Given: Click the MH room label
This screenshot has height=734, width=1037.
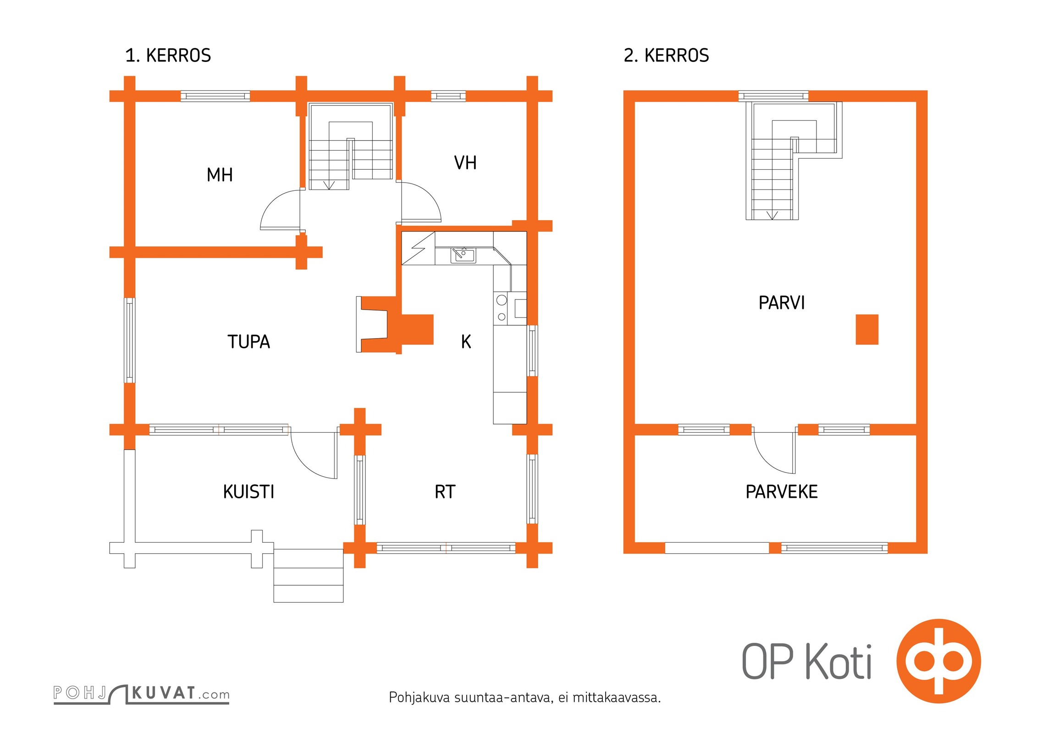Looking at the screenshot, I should pyautogui.click(x=220, y=175).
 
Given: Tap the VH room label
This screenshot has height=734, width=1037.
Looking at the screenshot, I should pyautogui.click(x=465, y=163).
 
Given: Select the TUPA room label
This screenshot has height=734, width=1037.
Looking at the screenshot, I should pyautogui.click(x=248, y=342).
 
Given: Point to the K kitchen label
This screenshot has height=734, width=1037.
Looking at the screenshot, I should pyautogui.click(x=466, y=342).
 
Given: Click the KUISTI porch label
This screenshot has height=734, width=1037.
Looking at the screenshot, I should pyautogui.click(x=248, y=492).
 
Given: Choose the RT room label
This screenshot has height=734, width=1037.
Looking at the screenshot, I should pyautogui.click(x=445, y=492).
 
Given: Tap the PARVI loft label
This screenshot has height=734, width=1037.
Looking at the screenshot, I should pyautogui.click(x=781, y=303).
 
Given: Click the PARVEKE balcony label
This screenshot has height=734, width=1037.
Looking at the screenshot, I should pyautogui.click(x=781, y=492).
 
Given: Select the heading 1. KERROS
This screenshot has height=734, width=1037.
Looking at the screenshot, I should pyautogui.click(x=168, y=56).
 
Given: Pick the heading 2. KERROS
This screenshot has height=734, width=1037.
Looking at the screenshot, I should pyautogui.click(x=666, y=56).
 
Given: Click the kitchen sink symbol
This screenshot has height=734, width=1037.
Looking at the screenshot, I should pyautogui.click(x=463, y=255).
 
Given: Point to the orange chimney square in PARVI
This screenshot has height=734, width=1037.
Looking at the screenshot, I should pyautogui.click(x=866, y=329).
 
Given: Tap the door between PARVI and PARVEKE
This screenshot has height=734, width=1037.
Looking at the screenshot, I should pyautogui.click(x=774, y=452).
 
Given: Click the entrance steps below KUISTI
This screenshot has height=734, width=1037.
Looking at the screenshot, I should pyautogui.click(x=308, y=577).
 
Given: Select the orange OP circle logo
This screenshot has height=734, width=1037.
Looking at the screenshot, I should pyautogui.click(x=938, y=661).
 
